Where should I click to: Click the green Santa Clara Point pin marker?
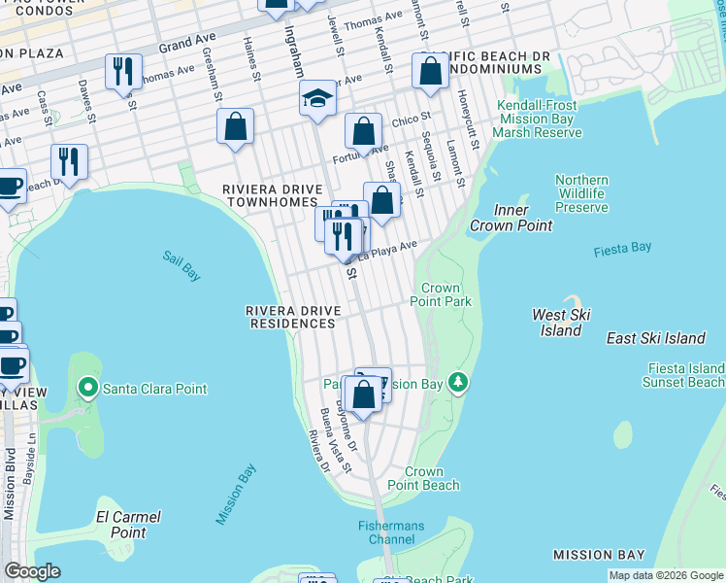(88, 389)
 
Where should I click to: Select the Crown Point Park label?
(445, 294)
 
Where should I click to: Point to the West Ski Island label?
(562, 323)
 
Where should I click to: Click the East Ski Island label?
(655, 338)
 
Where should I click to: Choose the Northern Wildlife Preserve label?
(581, 193)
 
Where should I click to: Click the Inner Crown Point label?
(511, 219)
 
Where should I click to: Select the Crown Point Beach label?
(423, 477)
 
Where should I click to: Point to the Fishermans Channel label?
(389, 532)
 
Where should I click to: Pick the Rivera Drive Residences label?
(292, 316)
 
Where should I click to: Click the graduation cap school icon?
(316, 99)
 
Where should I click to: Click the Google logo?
(32, 571)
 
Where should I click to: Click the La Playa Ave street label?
(387, 253)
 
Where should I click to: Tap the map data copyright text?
(665, 575)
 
